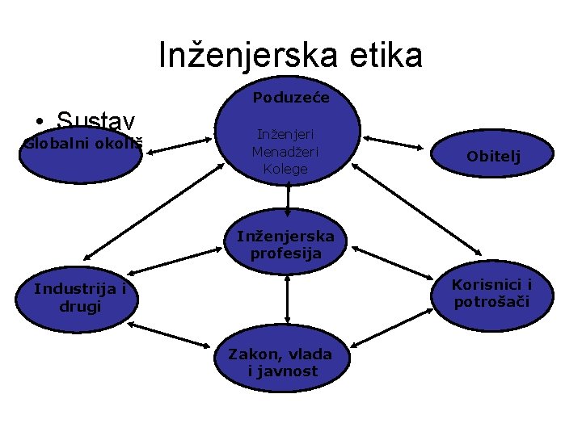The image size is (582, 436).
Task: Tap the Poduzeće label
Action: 290,99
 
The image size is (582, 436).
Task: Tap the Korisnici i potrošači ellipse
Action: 491,294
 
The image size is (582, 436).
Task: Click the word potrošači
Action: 491,303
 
